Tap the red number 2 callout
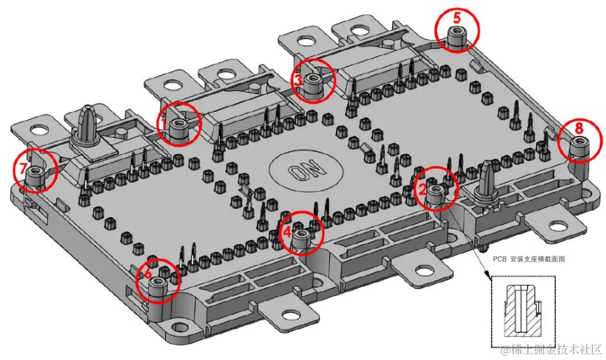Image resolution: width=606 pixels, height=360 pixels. (422, 189)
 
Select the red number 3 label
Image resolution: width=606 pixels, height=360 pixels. (297, 80)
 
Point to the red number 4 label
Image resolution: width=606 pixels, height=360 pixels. (287, 232)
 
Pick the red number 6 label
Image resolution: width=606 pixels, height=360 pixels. (148, 274)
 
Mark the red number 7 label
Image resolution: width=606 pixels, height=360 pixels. (24, 169)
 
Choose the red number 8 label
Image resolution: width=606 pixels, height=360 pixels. (579, 128)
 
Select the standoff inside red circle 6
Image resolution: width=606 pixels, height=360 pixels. (157, 289)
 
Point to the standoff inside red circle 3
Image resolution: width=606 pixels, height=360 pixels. (313, 85)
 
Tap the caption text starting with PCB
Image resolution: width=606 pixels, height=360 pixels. (529, 259)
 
